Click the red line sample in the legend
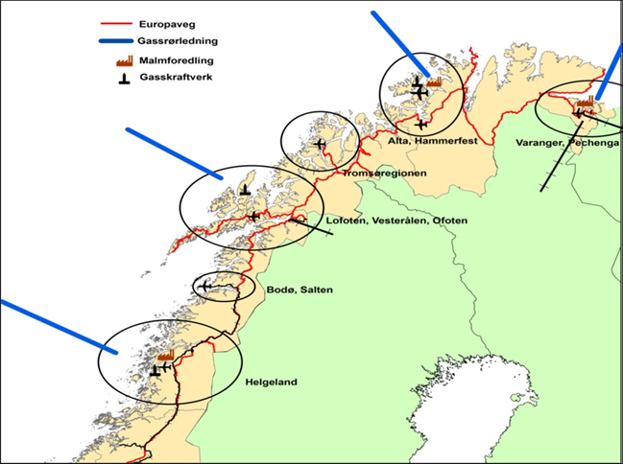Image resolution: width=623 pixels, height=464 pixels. pos(116,25)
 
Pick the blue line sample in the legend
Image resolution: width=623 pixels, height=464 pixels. pos(116,43)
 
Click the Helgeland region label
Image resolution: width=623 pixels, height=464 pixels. pos(270,383)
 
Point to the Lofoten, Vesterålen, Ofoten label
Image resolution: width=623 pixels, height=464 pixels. pos(396,221)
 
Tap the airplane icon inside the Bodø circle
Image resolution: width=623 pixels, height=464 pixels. pos(204,286)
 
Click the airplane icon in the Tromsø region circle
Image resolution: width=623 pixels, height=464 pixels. pos(319,145)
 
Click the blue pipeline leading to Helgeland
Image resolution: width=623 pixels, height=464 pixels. pos(59,327)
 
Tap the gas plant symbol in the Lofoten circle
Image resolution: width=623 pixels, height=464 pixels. pos(246,190)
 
